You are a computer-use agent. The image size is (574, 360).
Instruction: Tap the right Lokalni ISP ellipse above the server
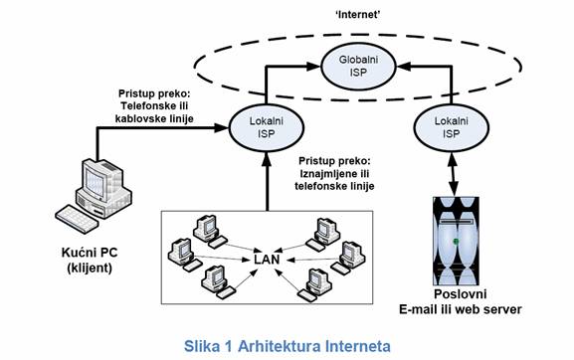pyautogui.click(x=451, y=126)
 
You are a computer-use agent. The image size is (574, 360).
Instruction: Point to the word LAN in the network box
pyautogui.click(x=267, y=261)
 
